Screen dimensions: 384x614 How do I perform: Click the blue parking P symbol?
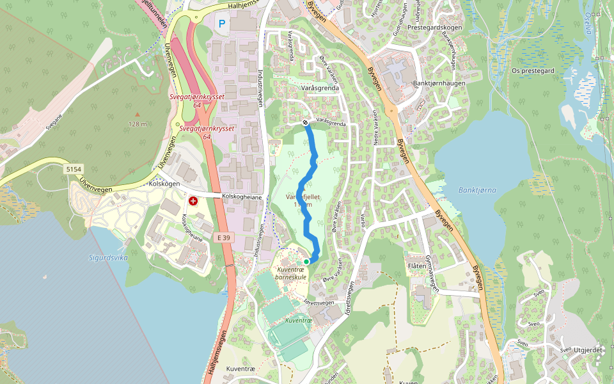point(222,24)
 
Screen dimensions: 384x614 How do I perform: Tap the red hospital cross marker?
point(193,201)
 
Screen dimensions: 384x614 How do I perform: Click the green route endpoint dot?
point(306,262)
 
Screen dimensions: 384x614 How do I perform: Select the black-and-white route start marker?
point(306,122)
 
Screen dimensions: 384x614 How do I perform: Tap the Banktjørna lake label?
point(477,190)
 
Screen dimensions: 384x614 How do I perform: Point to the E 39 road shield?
point(223,237)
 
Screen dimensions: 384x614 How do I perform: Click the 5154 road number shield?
point(74,168)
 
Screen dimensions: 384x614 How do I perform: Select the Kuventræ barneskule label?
point(291,273)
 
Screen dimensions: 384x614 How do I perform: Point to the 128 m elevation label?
point(138,124)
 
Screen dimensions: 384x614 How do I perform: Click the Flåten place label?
point(416,265)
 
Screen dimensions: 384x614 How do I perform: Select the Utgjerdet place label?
point(589,350)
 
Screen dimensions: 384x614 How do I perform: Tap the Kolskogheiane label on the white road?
point(242,197)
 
